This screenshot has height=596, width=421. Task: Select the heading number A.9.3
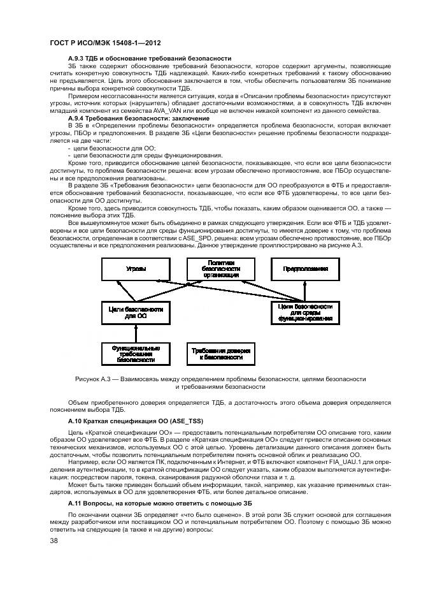click(76, 57)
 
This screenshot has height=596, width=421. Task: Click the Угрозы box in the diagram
click(136, 270)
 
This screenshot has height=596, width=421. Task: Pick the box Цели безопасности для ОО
click(136, 312)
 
